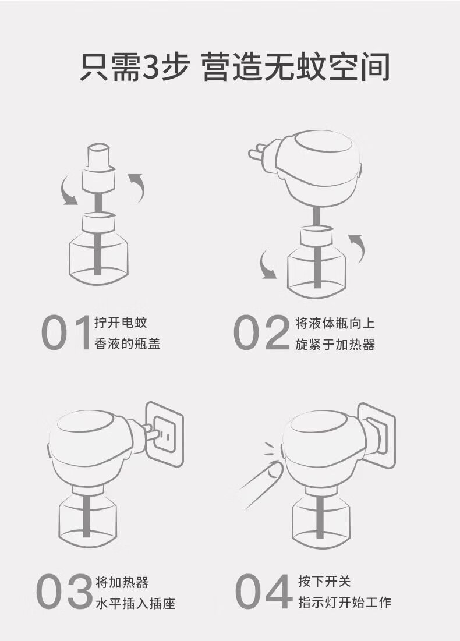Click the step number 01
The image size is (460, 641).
click(66, 332)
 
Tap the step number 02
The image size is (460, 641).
click(261, 332)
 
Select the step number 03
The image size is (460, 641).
click(64, 591)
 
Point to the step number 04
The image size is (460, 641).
click(264, 591)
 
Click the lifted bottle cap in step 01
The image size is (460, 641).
click(98, 168)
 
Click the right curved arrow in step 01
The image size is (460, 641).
click(137, 187)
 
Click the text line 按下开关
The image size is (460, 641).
click(324, 581)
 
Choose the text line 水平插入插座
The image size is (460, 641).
click(135, 603)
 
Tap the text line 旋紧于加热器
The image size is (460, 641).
click(335, 344)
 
